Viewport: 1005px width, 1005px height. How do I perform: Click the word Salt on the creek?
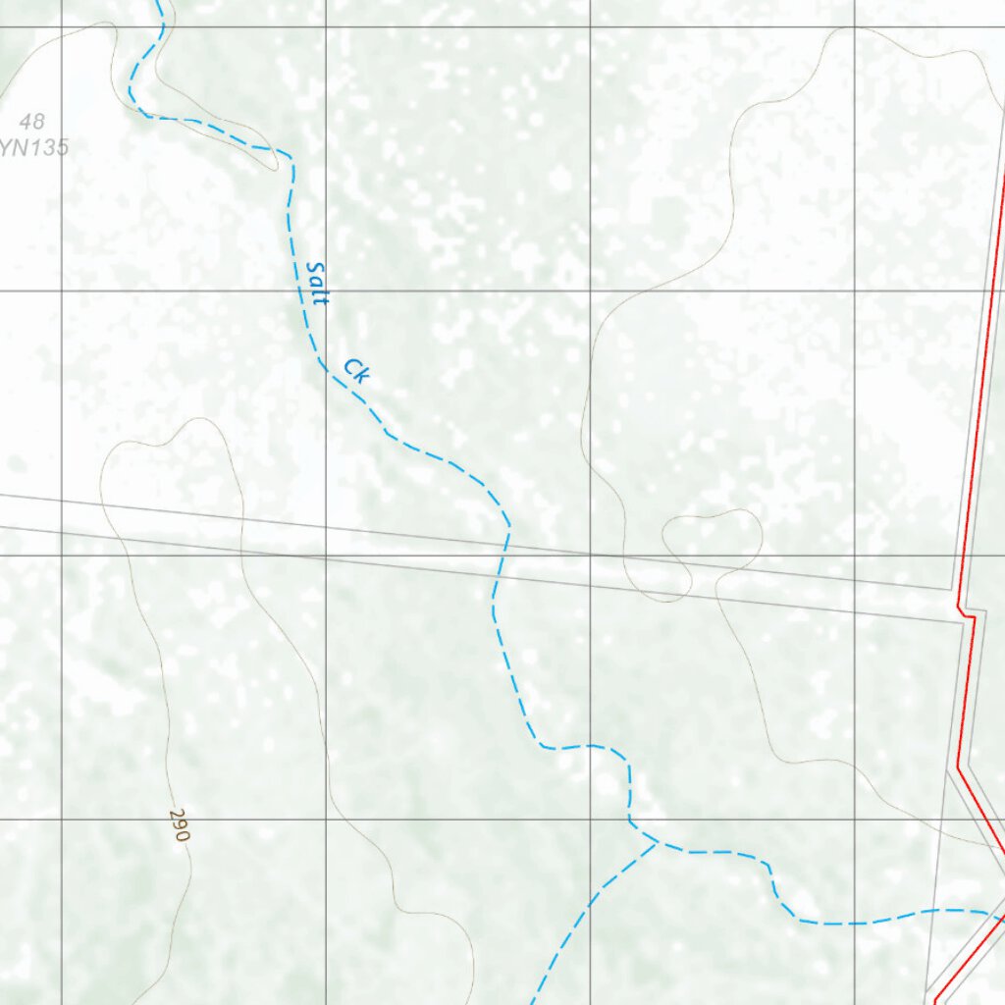(316, 283)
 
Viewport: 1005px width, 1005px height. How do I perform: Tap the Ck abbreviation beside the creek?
(356, 371)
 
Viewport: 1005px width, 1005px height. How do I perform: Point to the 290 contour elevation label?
(179, 825)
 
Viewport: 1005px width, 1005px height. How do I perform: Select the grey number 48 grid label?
(31, 123)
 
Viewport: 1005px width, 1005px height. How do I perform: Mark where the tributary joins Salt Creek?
(656, 841)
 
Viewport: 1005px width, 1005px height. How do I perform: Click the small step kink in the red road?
(966, 614)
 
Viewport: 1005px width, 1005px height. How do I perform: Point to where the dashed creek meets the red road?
(1000, 919)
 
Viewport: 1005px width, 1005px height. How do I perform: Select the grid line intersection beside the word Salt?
(327, 291)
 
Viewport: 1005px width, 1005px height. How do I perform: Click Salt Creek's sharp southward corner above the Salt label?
(291, 154)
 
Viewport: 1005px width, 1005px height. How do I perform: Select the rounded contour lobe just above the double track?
(713, 535)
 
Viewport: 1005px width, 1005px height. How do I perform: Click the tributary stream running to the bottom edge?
(579, 918)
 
